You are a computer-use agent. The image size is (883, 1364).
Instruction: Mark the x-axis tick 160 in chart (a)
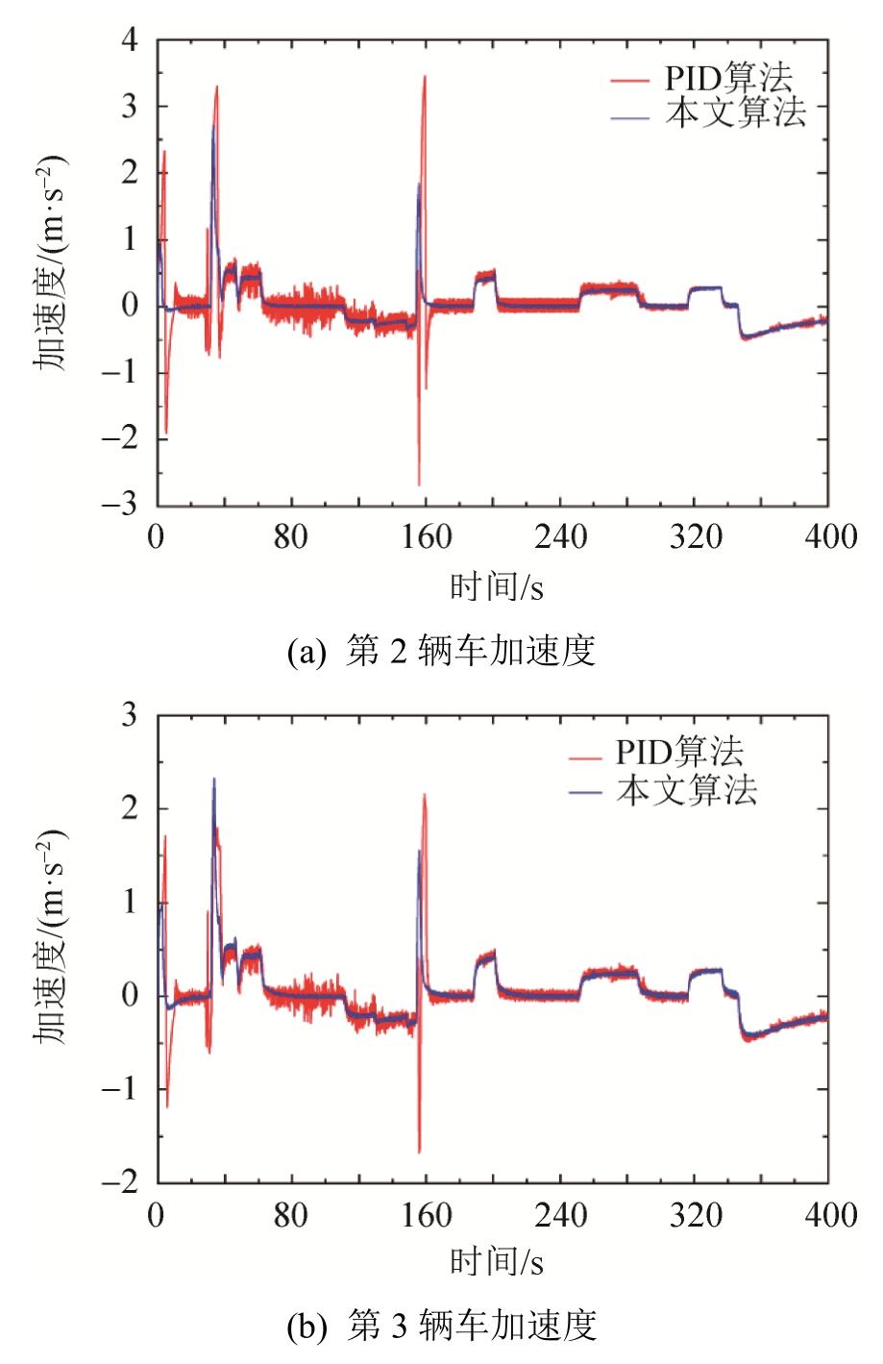[425, 536]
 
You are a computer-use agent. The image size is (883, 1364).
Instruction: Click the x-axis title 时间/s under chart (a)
[497, 585]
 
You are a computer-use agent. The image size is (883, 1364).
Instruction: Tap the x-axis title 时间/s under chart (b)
[497, 1261]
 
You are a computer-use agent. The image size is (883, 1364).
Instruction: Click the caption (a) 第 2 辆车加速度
[442, 651]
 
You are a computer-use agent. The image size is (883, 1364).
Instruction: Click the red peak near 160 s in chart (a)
[425, 77]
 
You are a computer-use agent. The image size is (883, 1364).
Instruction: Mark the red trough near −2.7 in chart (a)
[419, 484]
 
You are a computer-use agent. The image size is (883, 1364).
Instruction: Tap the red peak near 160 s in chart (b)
[425, 795]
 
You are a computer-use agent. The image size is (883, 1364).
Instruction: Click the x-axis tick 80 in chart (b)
[290, 1215]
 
